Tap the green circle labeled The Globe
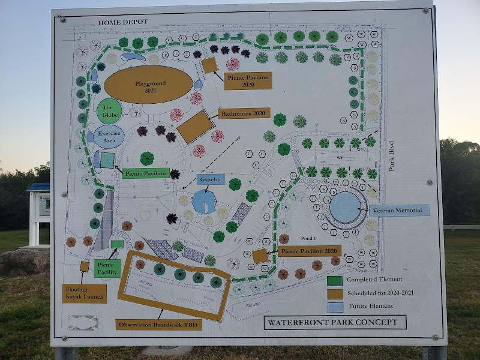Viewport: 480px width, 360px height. [109, 111]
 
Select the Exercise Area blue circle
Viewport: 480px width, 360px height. [109, 137]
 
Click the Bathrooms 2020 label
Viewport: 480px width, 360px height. [244, 113]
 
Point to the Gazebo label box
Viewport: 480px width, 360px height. [211, 179]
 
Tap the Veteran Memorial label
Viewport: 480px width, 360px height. [399, 210]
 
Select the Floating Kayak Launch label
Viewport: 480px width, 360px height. [85, 293]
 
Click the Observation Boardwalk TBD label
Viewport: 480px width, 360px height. [158, 325]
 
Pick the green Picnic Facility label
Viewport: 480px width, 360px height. [107, 268]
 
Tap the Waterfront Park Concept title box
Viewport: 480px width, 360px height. [335, 322]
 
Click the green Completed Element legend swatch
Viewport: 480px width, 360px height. [335, 280]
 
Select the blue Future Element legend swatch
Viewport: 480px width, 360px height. [335, 306]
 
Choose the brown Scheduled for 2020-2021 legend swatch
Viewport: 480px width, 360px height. [335, 293]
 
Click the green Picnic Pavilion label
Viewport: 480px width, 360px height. [146, 173]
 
